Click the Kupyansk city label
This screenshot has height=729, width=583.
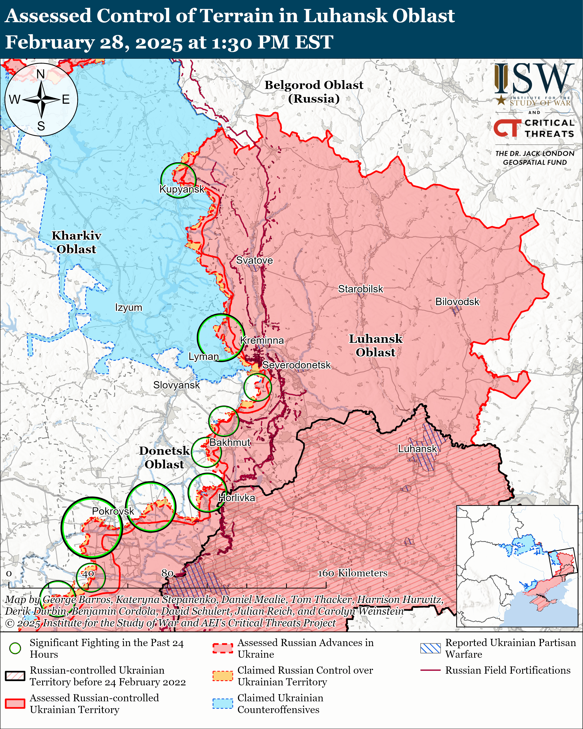(182, 189)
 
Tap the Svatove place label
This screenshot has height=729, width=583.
(254, 260)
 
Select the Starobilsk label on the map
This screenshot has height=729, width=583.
(361, 289)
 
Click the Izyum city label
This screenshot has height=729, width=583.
(129, 308)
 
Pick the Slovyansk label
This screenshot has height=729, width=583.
(176, 385)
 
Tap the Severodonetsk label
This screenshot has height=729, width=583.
(296, 365)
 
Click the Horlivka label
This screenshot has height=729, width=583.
(236, 498)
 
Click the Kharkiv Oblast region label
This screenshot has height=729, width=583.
(76, 242)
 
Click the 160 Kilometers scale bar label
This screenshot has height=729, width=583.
(352, 573)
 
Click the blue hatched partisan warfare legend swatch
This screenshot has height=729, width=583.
(430, 648)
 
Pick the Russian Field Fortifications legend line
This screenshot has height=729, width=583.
(430, 670)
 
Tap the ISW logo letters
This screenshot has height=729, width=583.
(534, 79)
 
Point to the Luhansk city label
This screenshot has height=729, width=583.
(417, 449)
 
